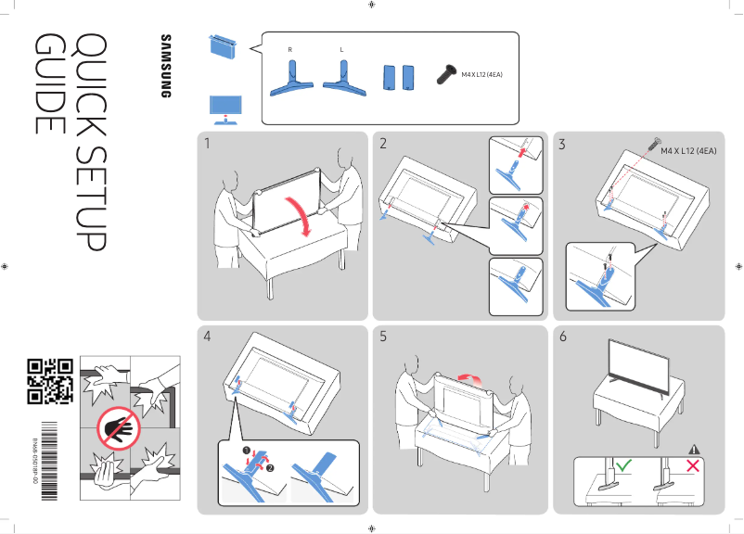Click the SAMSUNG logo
point(167,66)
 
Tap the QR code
point(49,380)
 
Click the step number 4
point(208,337)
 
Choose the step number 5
point(383,337)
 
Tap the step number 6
point(562,337)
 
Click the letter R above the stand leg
point(291,47)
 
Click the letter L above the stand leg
point(342,47)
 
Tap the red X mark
point(691,464)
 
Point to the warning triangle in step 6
point(693,450)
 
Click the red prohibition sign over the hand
point(115,430)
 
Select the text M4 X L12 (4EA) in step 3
point(688,150)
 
